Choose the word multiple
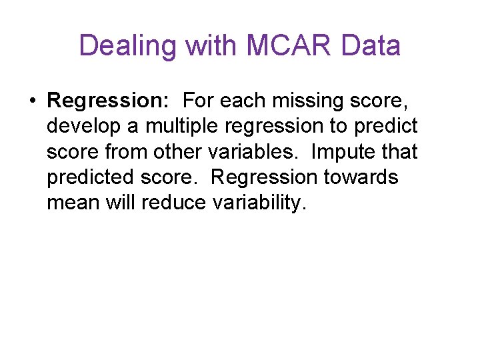tap(177, 126)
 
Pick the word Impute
tap(342, 151)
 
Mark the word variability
tap(260, 203)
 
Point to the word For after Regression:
tap(198, 101)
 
